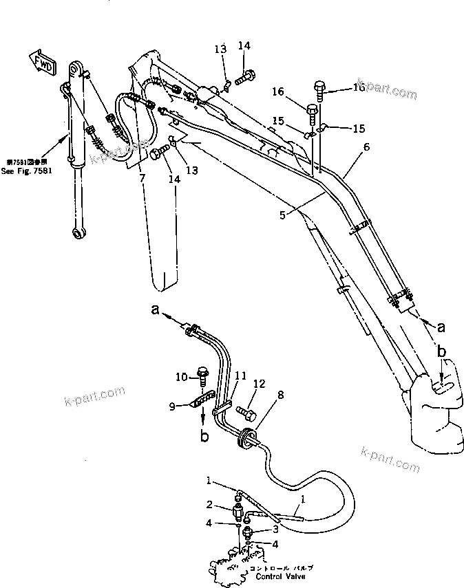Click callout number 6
pyautogui.click(x=366, y=146)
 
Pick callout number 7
pyautogui.click(x=143, y=178)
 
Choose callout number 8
pyautogui.click(x=261, y=395)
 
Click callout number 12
pyautogui.click(x=258, y=384)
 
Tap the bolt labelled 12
pyautogui.click(x=246, y=413)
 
